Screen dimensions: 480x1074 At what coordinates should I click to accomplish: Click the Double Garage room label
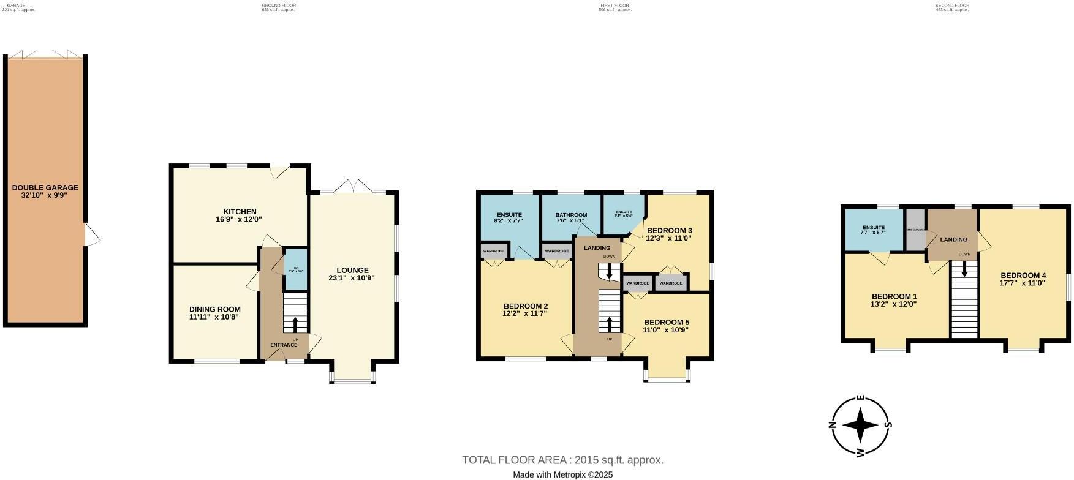click(45, 188)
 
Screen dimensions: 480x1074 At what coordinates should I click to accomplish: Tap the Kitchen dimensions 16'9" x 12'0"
click(240, 219)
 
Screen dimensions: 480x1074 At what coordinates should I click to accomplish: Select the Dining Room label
click(214, 309)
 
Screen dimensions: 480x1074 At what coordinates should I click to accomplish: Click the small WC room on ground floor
click(296, 269)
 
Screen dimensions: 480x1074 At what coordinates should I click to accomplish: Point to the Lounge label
click(352, 270)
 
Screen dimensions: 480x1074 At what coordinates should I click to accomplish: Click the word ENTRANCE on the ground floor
click(284, 345)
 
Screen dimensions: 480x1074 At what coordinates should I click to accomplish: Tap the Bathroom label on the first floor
click(571, 215)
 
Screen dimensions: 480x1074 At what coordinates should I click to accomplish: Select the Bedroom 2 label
click(525, 306)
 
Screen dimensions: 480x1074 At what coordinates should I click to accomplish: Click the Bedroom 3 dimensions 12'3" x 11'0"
click(668, 238)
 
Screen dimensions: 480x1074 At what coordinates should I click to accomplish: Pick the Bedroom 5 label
click(666, 322)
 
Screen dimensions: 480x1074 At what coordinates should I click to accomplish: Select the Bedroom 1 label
click(893, 296)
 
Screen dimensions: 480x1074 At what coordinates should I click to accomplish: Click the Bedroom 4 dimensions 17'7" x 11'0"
click(1023, 283)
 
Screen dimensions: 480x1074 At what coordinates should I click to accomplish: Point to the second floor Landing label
click(953, 239)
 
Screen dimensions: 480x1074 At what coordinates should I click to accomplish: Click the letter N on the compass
click(832, 426)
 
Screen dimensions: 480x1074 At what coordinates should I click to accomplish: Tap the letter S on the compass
click(888, 424)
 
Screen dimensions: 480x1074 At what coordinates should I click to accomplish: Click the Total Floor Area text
click(562, 460)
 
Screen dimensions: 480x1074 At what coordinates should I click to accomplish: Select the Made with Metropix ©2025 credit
click(562, 474)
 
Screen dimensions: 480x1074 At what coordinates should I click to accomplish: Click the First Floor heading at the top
click(614, 5)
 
